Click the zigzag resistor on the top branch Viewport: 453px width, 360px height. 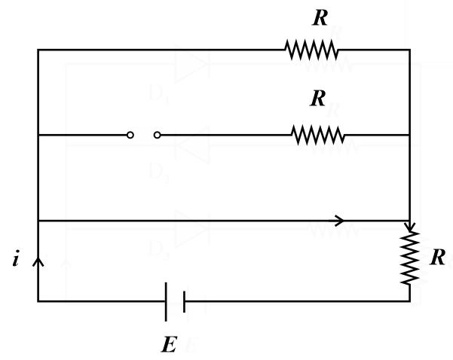click(311, 50)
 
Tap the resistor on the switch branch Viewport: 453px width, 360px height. click(318, 135)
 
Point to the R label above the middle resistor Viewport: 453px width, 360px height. click(317, 99)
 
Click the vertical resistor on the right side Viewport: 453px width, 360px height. click(410, 257)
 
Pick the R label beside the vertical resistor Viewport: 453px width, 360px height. click(437, 257)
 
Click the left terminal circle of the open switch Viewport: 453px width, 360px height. click(130, 135)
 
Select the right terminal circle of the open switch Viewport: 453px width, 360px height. click(157, 135)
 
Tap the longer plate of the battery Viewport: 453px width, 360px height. click(166, 301)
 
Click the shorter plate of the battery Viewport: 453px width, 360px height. click(184, 301)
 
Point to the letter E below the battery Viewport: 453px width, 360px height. click(170, 345)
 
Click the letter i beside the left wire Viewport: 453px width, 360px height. click(16, 261)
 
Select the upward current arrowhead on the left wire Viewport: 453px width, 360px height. click(38, 261)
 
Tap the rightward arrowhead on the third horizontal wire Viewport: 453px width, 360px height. click(339, 221)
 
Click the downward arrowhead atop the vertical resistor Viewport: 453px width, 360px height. click(410, 225)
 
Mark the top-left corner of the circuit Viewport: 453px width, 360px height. click(38, 50)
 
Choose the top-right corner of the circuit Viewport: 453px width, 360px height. click(410, 50)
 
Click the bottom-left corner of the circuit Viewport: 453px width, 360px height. click(38, 301)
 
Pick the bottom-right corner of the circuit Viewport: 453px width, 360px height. click(410, 301)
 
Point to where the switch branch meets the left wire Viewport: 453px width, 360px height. click(38, 135)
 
